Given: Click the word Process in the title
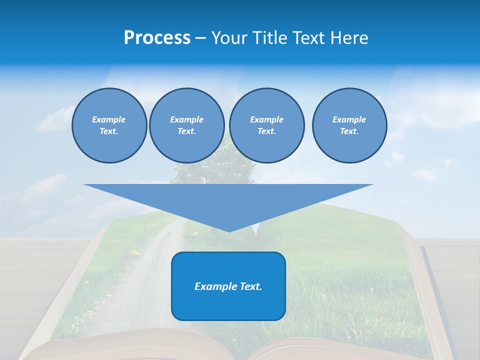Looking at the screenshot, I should tap(157, 38).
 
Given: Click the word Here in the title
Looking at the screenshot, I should tap(350, 38).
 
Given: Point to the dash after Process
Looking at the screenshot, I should tap(201, 39).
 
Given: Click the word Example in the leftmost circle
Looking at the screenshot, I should tap(109, 119).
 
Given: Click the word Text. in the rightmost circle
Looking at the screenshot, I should tap(349, 131).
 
